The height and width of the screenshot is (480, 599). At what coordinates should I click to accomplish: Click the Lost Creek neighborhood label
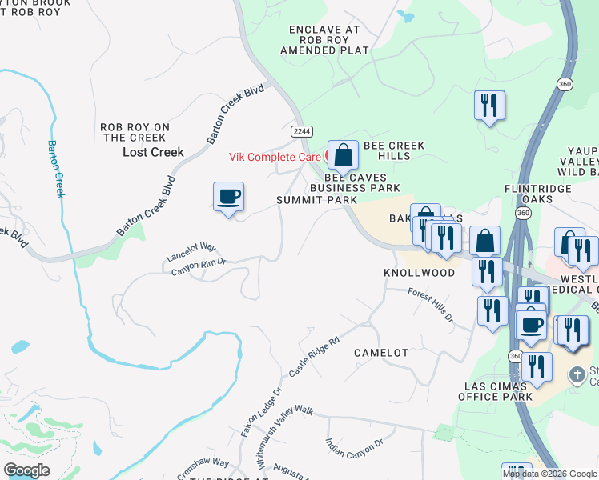[153, 152]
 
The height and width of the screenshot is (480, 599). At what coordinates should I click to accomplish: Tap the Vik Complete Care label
[275, 157]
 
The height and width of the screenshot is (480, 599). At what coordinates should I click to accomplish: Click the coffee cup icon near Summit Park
[228, 197]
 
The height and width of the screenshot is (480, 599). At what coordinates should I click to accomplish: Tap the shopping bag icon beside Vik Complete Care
[343, 156]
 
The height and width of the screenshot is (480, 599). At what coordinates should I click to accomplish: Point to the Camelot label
[381, 352]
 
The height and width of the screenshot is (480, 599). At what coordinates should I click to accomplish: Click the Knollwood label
[419, 273]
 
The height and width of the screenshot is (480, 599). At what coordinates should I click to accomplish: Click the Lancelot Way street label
[192, 251]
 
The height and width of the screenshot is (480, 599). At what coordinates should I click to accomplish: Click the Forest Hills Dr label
[430, 306]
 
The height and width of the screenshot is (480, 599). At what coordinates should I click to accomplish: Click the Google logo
[26, 470]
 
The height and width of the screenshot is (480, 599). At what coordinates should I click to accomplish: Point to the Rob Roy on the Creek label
[135, 132]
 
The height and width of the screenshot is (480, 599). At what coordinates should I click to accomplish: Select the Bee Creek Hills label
[394, 150]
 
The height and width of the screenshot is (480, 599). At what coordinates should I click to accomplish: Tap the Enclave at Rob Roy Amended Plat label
[324, 39]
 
